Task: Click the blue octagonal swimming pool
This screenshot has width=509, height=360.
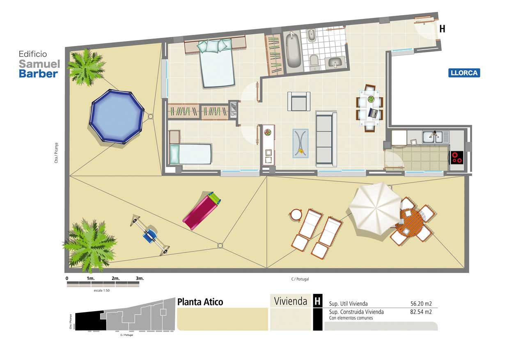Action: click(x=117, y=116)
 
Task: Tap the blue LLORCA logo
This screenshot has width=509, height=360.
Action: click(x=464, y=73)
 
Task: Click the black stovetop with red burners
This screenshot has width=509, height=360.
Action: click(x=457, y=158)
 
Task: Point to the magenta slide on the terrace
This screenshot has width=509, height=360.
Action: click(x=202, y=211)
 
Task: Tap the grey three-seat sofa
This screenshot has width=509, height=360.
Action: click(x=326, y=139)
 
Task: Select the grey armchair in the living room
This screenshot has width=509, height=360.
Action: click(x=299, y=101)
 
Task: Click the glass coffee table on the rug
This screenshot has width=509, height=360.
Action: click(x=300, y=143)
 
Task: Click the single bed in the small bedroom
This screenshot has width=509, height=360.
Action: click(x=190, y=154)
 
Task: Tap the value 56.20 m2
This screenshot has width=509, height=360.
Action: click(x=421, y=303)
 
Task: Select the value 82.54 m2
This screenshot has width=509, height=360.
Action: click(x=421, y=312)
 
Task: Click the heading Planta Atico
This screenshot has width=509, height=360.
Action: click(x=200, y=302)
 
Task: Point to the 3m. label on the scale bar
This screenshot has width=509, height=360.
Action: click(x=140, y=278)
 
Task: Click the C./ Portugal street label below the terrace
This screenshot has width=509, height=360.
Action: click(x=300, y=279)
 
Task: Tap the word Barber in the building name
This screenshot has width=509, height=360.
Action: click(x=39, y=74)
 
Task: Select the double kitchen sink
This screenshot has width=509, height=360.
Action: click(x=432, y=137)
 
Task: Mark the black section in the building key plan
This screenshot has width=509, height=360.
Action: click(x=90, y=321)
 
